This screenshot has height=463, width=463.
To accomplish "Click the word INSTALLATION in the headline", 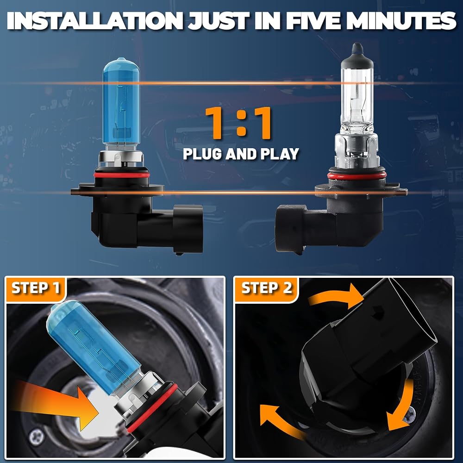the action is (95, 21).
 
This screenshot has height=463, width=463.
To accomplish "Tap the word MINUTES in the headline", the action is (401, 21).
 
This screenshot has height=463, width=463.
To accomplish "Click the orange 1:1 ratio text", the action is (238, 123).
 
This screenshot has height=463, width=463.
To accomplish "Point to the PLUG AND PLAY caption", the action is (241, 154).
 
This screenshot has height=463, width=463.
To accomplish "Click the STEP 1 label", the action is (36, 288).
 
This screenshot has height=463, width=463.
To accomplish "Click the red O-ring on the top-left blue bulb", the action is (122, 175).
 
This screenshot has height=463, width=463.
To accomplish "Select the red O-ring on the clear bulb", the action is (357, 176).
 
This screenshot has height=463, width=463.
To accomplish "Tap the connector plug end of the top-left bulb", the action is (188, 229).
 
